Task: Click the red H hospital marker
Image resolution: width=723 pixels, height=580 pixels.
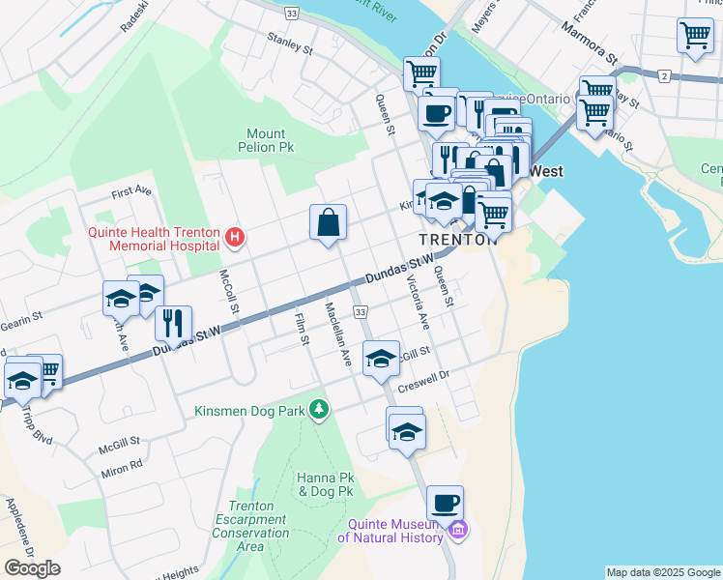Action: (233, 237)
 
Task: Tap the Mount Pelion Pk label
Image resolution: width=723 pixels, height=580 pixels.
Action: (266, 141)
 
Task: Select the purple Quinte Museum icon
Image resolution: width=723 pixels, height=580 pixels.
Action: (458, 530)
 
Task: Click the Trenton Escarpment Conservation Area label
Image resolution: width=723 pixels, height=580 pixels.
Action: (250, 526)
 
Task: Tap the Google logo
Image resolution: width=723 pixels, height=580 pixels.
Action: (32, 567)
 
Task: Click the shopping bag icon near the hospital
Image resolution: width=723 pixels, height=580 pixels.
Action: (328, 222)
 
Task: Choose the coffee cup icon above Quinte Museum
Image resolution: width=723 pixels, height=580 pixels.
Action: (445, 503)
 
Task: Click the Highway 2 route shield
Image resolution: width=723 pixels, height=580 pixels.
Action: (663, 75)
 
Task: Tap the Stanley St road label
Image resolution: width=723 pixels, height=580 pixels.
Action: (290, 43)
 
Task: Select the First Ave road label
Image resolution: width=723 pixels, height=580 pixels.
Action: (131, 192)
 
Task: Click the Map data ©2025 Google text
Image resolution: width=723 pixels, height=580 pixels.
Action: (663, 572)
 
